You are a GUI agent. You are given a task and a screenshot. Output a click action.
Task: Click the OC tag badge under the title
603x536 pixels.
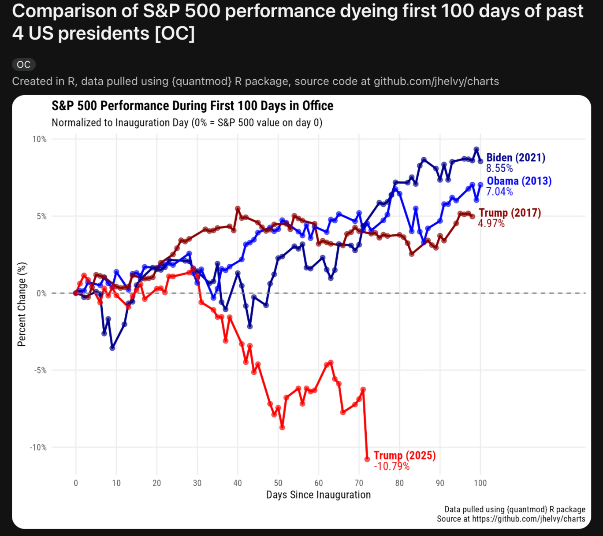(24, 65)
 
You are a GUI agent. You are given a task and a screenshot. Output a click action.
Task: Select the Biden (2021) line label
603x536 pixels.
(516, 158)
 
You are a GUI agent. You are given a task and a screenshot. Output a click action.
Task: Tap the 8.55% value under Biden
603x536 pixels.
(499, 168)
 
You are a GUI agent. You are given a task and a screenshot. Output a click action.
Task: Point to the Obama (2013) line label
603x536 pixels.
(519, 181)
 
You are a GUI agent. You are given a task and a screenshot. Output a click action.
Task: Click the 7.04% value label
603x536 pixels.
(499, 192)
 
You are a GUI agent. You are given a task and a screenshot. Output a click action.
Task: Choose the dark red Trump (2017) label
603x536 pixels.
(510, 213)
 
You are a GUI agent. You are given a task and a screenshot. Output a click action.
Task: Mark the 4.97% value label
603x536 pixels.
(491, 223)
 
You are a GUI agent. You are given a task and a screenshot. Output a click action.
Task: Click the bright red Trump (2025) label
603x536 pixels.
(405, 455)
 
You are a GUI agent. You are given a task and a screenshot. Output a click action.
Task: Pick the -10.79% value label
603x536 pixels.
(391, 466)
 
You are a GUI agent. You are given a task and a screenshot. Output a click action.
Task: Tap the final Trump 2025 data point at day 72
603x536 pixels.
(367, 459)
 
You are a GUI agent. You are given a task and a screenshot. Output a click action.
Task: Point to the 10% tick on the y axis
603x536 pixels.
(39, 139)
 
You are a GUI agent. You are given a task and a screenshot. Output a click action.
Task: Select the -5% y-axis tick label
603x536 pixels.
(40, 370)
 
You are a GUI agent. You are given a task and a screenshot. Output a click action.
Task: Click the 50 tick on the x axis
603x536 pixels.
(278, 483)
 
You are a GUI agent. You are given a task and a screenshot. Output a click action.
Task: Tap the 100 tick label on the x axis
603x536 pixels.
(480, 483)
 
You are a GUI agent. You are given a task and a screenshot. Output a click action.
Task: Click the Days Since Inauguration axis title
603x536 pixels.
(318, 495)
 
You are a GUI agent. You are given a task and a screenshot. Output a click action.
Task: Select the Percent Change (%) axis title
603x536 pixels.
(22, 304)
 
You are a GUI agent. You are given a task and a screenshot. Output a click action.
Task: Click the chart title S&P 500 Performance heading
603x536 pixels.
(192, 106)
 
